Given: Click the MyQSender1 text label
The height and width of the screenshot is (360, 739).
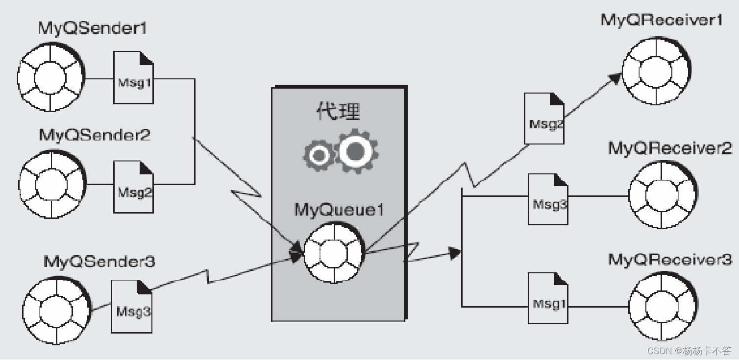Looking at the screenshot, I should pyautogui.click(x=92, y=28).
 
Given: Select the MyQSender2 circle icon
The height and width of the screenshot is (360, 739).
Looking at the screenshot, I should pyautogui.click(x=52, y=185).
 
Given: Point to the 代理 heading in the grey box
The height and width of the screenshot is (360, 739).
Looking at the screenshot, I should pyautogui.click(x=338, y=112).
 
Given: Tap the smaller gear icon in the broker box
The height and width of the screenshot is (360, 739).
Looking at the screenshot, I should pyautogui.click(x=319, y=155).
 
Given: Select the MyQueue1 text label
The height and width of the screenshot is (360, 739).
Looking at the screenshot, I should pyautogui.click(x=339, y=210).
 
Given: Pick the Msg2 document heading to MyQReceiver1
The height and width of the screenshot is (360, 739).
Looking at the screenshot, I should pyautogui.click(x=544, y=119).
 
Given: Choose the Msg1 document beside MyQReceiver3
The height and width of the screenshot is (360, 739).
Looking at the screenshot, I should pyautogui.click(x=548, y=299).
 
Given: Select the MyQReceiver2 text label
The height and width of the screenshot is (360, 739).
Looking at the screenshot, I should pyautogui.click(x=670, y=147).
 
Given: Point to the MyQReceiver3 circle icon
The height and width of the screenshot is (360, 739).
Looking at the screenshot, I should pyautogui.click(x=663, y=307).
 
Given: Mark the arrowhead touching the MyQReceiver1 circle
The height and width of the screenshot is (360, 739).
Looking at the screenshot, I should pyautogui.click(x=616, y=78).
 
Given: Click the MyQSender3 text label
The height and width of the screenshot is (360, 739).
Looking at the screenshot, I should pyautogui.click(x=99, y=262).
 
